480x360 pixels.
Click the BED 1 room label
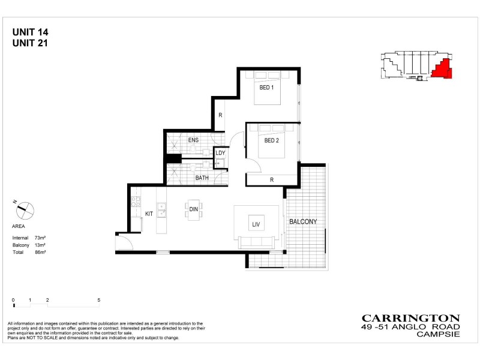pos(266,88)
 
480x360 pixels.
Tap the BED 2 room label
pos(272,141)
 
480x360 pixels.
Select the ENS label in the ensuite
pos(193,140)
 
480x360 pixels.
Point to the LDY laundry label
pos(220,153)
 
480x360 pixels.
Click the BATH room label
pos(202,178)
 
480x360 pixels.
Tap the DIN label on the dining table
pos(194,209)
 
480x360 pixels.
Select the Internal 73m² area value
pos(41,238)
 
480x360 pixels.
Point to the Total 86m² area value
pos(41,253)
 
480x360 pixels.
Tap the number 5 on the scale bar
pos(98,299)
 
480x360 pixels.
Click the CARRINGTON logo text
pos(410,318)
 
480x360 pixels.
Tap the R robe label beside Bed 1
pos(220,115)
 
